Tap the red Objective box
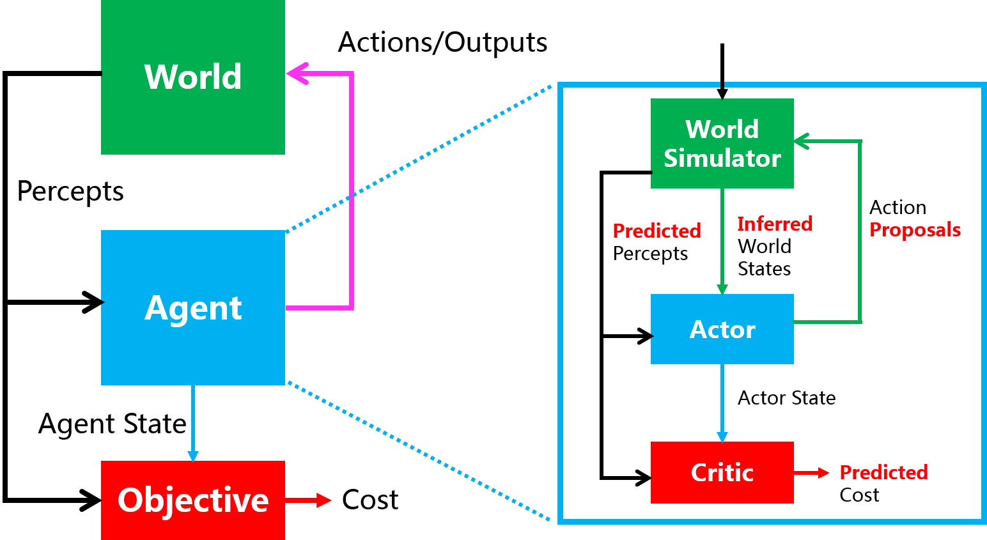pos(192,500)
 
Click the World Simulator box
pos(722,143)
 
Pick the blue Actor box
pos(722,329)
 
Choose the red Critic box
pos(722,472)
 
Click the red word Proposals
pos(915,230)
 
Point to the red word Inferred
pos(774,224)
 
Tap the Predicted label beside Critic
pos(883,472)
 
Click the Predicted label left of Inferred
pos(657,231)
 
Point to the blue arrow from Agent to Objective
pos(192,422)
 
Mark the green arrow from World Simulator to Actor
pos(722,243)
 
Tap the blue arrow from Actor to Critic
pos(722,403)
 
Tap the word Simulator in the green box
pos(722,158)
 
